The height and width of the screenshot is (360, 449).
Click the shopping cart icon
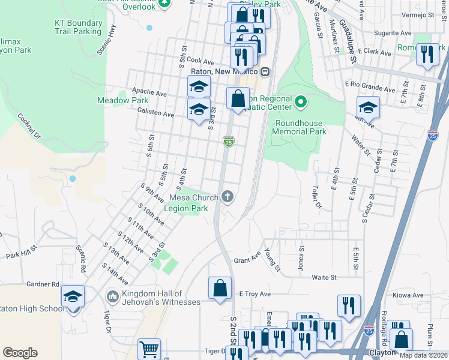click(149, 348)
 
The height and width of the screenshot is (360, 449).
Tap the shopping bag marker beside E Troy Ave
click(220, 287)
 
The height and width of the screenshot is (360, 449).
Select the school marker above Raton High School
click(73, 296)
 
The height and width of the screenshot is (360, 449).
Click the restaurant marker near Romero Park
click(427, 54)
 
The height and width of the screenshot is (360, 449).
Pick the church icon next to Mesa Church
click(227, 196)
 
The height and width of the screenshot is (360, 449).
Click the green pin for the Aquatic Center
click(301, 103)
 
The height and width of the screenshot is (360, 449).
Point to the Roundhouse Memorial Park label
click(300, 127)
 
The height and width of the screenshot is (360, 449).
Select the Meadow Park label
click(122, 100)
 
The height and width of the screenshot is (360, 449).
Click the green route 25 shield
click(228, 142)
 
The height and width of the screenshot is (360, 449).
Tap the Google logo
click(20, 353)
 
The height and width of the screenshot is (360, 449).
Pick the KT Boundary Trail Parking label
click(77, 27)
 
